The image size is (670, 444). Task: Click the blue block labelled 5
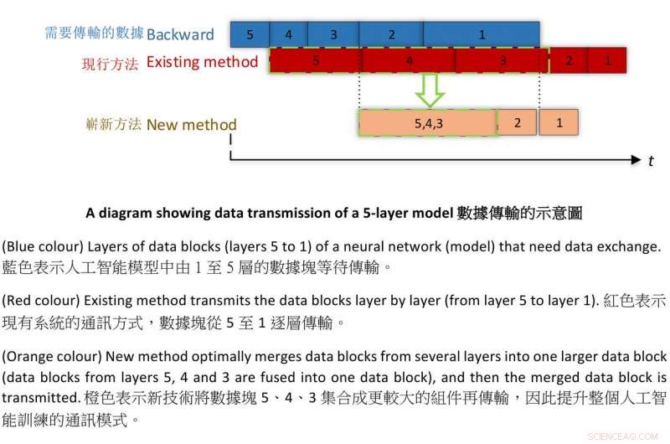[x=250, y=34]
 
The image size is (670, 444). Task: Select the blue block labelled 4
[x=288, y=34]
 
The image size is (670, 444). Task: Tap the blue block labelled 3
[x=333, y=34]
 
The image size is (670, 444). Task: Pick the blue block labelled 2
[x=391, y=34]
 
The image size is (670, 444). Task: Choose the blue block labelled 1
[x=482, y=34]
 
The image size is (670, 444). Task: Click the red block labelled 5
[x=316, y=61]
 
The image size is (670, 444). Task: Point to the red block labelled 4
[x=409, y=61]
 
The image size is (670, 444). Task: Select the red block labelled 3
[x=502, y=61]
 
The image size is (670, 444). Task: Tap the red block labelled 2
[x=569, y=61]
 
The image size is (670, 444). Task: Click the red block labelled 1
[x=607, y=61]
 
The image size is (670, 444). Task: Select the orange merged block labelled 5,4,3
[x=428, y=123]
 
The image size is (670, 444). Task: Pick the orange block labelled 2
[x=518, y=123]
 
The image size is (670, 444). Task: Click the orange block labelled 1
[x=559, y=123]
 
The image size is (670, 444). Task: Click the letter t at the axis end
[x=651, y=160]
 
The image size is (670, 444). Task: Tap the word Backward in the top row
[x=180, y=34]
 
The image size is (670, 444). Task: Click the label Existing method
[x=202, y=62]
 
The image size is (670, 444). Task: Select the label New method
[x=192, y=125]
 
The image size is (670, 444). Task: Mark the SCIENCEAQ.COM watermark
[x=625, y=436]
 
